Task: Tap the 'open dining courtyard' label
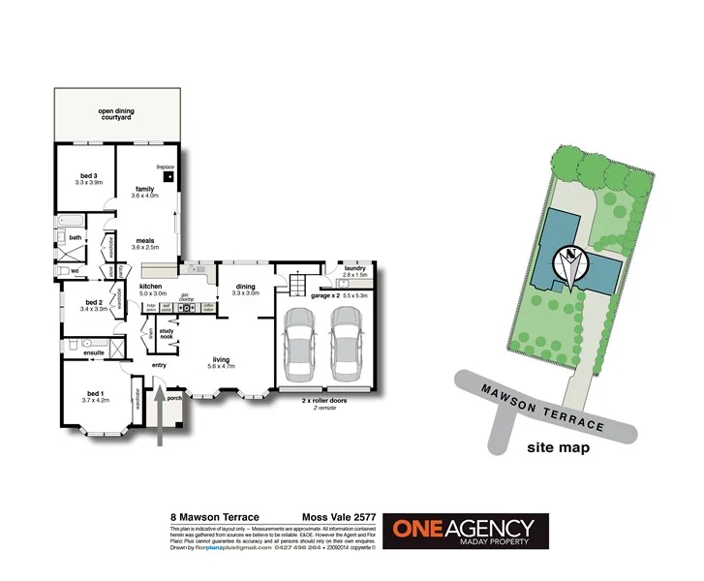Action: point(116,115)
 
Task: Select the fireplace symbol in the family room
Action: point(169,176)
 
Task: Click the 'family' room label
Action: point(144,189)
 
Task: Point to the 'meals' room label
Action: point(144,241)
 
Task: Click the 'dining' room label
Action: point(246,287)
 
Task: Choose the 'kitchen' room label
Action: point(151,287)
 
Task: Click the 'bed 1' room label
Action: point(95,393)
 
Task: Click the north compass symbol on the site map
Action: point(570,263)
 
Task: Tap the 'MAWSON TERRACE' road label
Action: point(543,405)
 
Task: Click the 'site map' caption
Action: point(559,448)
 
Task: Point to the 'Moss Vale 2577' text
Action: point(339,518)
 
